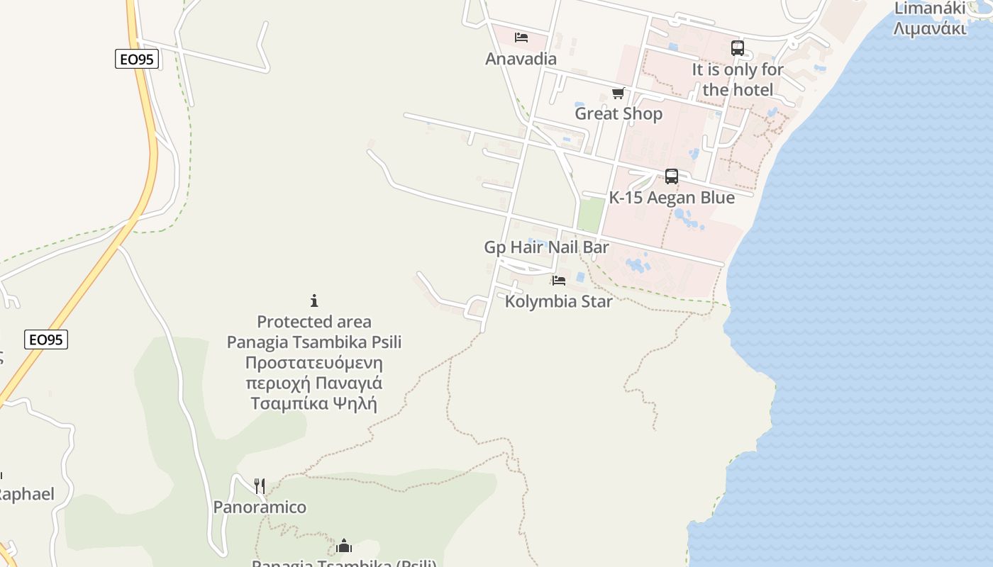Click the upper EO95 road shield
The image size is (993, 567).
click(x=137, y=60)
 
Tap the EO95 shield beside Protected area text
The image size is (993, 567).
click(x=46, y=340)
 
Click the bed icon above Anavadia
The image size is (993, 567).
click(x=521, y=38)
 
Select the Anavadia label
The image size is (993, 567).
click(x=521, y=59)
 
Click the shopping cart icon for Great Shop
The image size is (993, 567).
click(x=618, y=93)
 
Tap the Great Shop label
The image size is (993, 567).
click(x=618, y=113)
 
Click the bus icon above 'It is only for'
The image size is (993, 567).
click(x=738, y=48)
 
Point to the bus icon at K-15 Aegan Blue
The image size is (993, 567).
click(x=671, y=176)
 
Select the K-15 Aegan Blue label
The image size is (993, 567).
click(x=672, y=198)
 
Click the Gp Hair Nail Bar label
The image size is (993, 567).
click(x=546, y=247)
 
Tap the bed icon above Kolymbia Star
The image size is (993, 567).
click(x=559, y=281)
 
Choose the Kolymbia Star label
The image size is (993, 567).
click(x=558, y=301)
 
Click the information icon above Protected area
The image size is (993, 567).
click(x=314, y=301)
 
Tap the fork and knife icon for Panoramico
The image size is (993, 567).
click(x=260, y=485)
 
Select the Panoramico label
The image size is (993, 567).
click(x=260, y=507)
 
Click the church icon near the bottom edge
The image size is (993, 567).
click(x=344, y=546)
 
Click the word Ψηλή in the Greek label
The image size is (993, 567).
click(x=354, y=404)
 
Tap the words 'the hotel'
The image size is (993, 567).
click(x=738, y=90)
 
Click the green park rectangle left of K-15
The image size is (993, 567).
click(x=590, y=215)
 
